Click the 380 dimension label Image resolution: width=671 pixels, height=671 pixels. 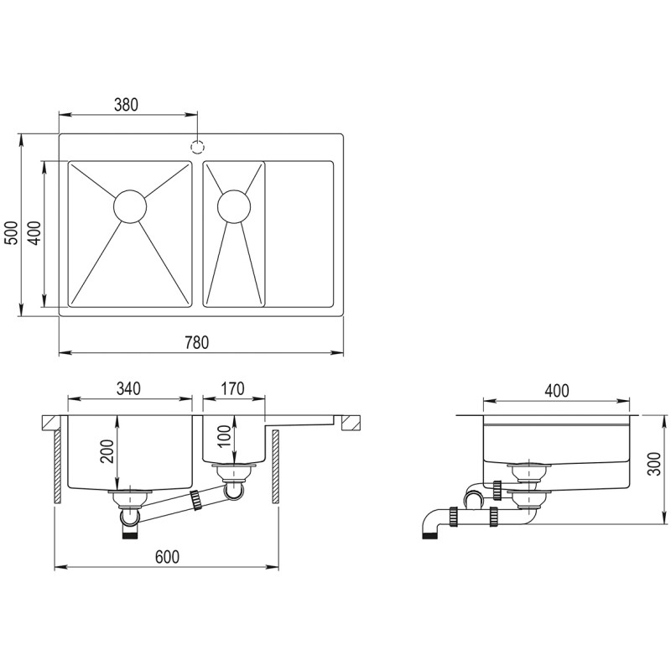(127, 104)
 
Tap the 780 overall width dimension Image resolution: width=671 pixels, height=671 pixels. (197, 342)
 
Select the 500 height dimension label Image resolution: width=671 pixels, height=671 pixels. (11, 233)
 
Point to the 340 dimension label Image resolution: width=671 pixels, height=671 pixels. (128, 388)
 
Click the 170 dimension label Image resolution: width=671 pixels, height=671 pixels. (233, 388)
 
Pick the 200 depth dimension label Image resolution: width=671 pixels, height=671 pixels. (107, 451)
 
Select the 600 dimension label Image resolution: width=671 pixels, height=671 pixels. (167, 557)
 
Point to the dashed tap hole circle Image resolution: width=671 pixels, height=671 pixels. (197, 147)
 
